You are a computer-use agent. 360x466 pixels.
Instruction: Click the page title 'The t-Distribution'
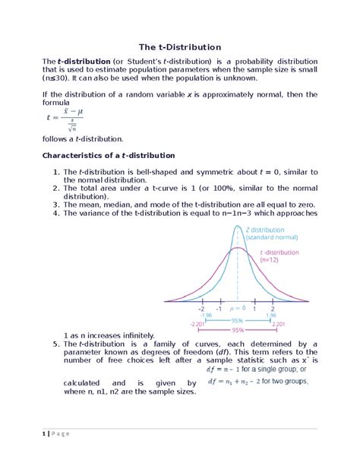179,47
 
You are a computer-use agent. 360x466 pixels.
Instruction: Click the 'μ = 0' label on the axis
237,308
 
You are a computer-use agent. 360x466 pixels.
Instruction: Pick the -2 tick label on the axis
201,309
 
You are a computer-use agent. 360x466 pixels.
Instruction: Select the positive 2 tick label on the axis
273,309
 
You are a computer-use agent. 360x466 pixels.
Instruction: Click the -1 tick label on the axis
219,309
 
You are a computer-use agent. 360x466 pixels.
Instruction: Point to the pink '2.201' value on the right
278,324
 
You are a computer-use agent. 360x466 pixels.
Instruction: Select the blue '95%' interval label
238,320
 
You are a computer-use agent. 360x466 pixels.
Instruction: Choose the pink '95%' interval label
238,330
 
